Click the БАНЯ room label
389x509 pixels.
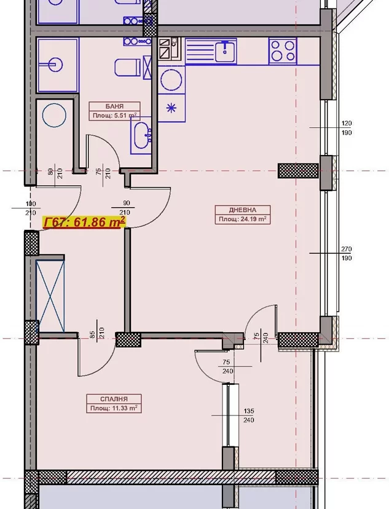(x=114, y=106)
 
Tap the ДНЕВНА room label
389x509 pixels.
(x=242, y=210)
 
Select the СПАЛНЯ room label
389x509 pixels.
(x=114, y=399)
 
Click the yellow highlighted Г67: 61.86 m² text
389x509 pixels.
(x=84, y=223)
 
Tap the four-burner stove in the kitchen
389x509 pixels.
(x=283, y=50)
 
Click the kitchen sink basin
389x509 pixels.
(x=225, y=52)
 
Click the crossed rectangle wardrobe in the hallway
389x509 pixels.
(x=50, y=296)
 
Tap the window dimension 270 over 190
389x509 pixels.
(x=346, y=253)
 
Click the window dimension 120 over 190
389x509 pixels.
(x=347, y=128)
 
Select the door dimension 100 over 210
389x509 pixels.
(x=31, y=208)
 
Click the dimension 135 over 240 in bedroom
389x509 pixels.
(x=248, y=416)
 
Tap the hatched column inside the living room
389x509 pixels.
(x=298, y=171)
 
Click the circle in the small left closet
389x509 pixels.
(x=54, y=115)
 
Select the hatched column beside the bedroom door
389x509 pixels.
(x=128, y=339)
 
